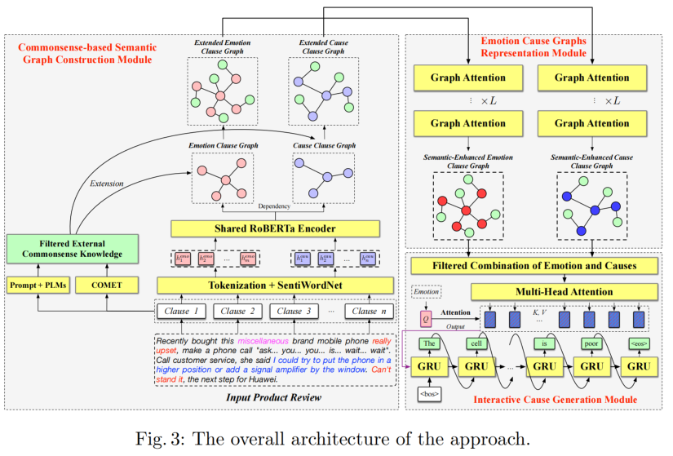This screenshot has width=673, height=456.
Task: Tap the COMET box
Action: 107,285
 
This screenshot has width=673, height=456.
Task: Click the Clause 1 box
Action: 182,311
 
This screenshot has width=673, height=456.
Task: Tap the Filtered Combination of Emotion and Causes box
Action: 534,265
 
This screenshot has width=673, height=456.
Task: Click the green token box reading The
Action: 431,343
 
